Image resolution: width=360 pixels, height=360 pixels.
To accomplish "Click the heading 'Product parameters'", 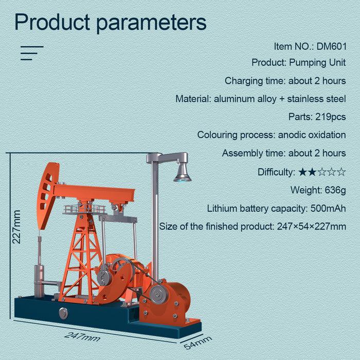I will pyautogui.click(x=110, y=23).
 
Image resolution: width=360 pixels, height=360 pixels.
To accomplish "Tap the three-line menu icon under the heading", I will pyautogui.click(x=31, y=53).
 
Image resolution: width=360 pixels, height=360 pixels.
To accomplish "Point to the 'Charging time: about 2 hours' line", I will pyautogui.click(x=285, y=81).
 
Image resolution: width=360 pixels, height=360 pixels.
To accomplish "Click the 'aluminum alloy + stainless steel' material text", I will pyautogui.click(x=280, y=99).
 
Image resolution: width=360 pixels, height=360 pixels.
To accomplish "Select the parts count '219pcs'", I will pyautogui.click(x=331, y=117).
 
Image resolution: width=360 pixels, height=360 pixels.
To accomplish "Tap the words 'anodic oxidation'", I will pyautogui.click(x=312, y=135).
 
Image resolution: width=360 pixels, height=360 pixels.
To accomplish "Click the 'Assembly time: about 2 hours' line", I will pyautogui.click(x=284, y=153).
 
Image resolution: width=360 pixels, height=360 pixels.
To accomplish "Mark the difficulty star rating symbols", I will pyautogui.click(x=322, y=172).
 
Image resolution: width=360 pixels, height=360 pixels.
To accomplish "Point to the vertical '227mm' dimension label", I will pyautogui.click(x=16, y=226).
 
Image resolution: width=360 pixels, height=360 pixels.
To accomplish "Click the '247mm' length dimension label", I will pyautogui.click(x=82, y=337).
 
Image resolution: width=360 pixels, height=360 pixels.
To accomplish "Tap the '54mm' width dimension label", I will pyautogui.click(x=197, y=342).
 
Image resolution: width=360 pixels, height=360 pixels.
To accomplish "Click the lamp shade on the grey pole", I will pyautogui.click(x=183, y=172).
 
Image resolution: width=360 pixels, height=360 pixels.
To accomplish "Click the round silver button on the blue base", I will pyautogui.click(x=63, y=313).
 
